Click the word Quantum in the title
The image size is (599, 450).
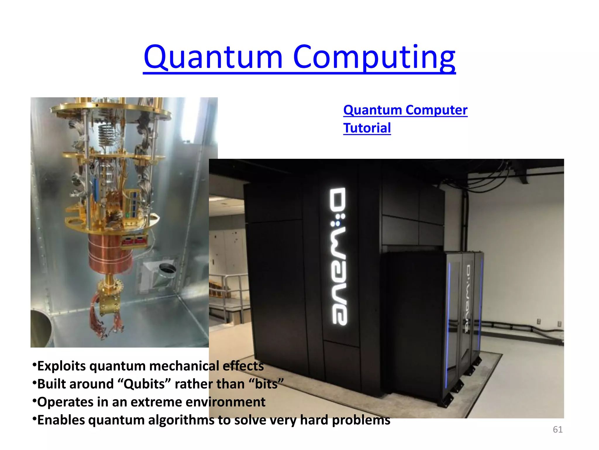coord(213,57)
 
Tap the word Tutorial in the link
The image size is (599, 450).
coord(367,128)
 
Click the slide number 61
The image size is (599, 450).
coord(557,429)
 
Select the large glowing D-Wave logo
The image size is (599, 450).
coord(339,256)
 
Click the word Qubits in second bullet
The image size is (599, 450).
coord(144,384)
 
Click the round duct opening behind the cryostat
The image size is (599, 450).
coord(167,268)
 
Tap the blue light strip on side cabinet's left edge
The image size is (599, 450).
coord(448,322)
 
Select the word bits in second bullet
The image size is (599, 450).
coord(266,384)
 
